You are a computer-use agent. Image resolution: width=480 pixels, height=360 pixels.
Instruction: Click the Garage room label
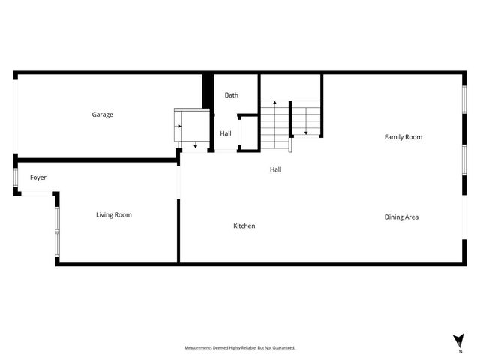pos(102,115)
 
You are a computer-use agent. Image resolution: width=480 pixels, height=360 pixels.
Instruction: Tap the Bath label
pos(232,95)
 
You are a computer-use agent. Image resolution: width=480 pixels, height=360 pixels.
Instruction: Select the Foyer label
pos(38,178)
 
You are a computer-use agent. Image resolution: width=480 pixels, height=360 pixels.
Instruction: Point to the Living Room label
pos(114,215)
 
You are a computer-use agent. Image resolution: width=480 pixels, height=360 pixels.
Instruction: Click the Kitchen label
pos(244,226)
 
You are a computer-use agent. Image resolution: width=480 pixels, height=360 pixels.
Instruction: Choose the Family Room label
pos(403,137)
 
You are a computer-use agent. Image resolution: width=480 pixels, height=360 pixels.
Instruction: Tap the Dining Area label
pos(401,217)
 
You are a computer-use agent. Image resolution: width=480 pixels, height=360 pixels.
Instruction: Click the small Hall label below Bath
pos(226,134)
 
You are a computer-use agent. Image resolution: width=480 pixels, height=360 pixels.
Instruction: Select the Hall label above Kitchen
pos(276,169)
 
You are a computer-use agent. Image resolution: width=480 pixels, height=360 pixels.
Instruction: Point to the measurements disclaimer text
pos(240,347)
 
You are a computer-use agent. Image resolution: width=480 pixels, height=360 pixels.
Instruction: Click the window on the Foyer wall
pos(16,178)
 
